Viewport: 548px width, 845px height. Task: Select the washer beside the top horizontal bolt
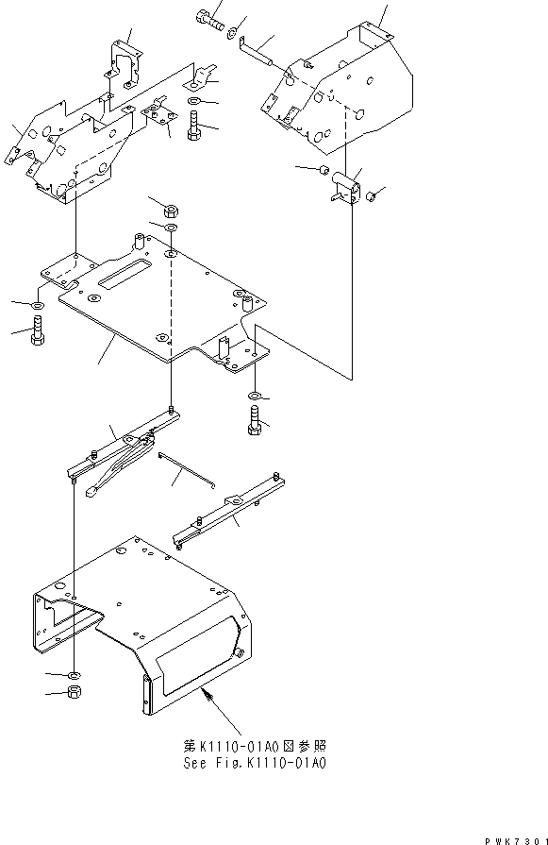coord(231,32)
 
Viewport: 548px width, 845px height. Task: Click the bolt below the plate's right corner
coord(254,422)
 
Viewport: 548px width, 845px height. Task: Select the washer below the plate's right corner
coord(255,393)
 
